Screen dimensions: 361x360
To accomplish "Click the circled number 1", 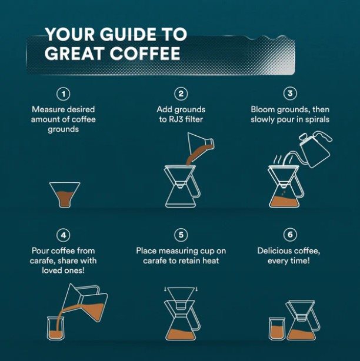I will tap(64, 94).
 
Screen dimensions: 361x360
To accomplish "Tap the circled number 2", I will tap(181, 94).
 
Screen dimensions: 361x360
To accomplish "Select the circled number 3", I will tap(289, 94).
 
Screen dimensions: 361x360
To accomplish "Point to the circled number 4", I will tap(64, 235).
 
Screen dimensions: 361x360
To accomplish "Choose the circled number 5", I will tap(181, 235).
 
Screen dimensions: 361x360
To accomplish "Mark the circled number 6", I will tap(289, 235).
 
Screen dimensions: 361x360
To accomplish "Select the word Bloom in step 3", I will tap(262, 109).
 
